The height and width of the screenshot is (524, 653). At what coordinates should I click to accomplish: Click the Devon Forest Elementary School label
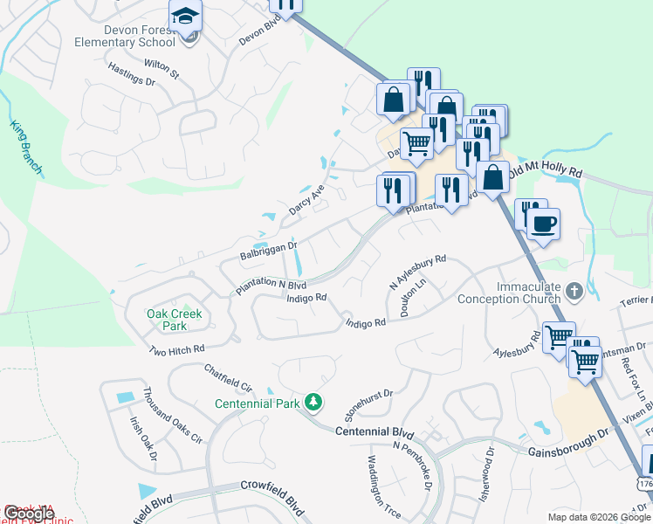(126, 34)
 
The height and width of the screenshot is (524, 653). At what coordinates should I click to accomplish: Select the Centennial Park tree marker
(313, 402)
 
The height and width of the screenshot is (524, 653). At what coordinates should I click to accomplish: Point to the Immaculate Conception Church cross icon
(574, 290)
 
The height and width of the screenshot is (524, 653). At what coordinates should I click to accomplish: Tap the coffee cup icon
(543, 224)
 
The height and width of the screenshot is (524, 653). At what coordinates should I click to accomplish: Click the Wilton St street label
(162, 68)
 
